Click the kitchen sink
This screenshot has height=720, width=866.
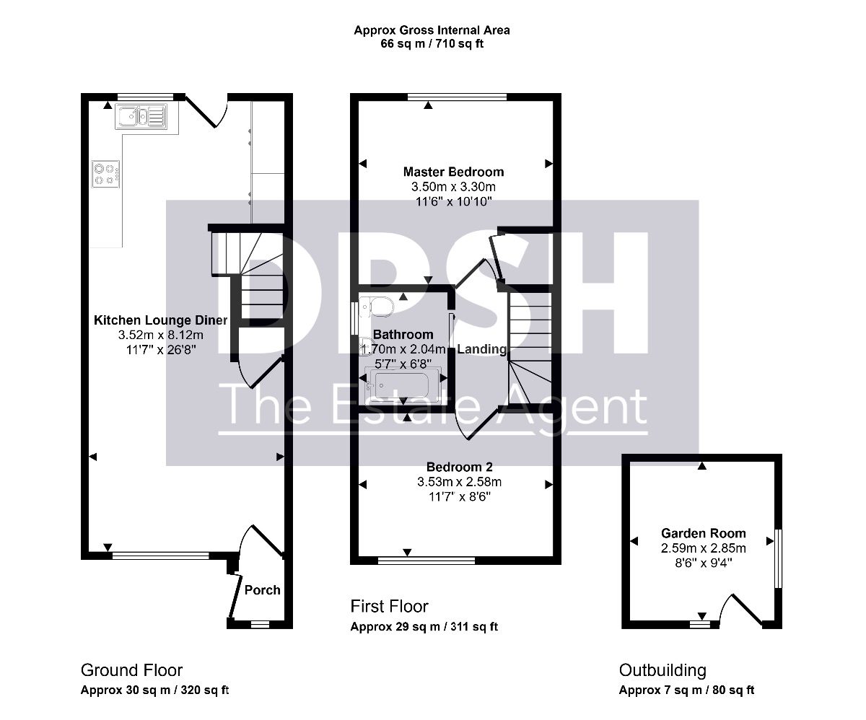click(x=141, y=116)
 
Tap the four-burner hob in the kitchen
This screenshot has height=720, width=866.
click(x=106, y=174)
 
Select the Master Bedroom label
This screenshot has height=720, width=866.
click(x=454, y=172)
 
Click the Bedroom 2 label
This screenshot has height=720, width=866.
click(x=460, y=467)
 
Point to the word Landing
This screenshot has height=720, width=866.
click(x=482, y=349)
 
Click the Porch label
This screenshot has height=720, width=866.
click(x=262, y=589)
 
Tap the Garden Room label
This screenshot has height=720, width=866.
click(x=704, y=533)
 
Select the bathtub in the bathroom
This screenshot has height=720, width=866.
click(x=402, y=385)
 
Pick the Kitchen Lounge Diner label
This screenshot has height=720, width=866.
click(x=160, y=320)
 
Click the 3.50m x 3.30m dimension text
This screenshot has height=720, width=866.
click(x=454, y=187)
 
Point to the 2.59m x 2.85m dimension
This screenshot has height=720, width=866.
click(x=704, y=548)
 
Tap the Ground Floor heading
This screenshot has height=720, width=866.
click(x=131, y=670)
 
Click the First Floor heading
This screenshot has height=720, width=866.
click(x=390, y=606)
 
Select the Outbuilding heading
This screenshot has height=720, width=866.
click(x=662, y=670)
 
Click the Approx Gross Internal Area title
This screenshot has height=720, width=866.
click(x=432, y=30)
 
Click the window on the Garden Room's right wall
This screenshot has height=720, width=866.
click(x=779, y=558)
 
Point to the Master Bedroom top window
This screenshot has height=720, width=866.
click(x=457, y=97)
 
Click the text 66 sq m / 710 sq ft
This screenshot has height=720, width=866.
click(x=432, y=43)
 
